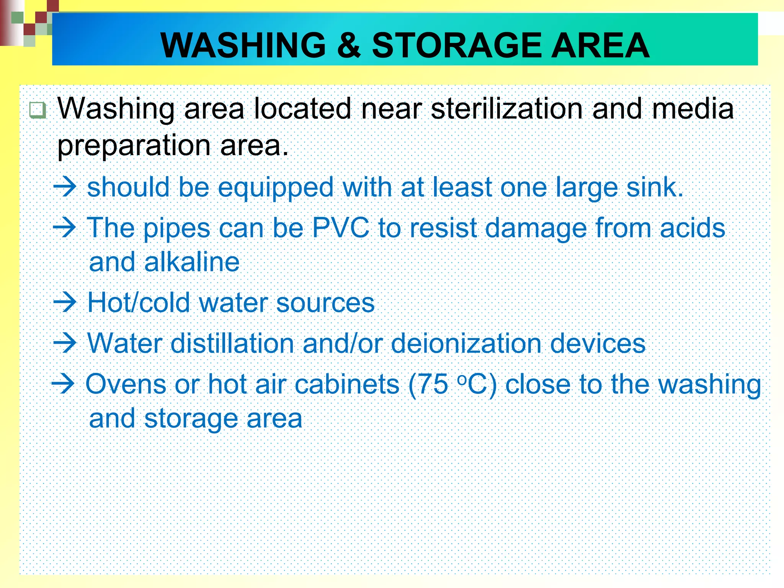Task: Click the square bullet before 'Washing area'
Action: pos(38,110)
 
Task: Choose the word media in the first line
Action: pos(693,109)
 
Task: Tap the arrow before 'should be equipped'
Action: pos(65,187)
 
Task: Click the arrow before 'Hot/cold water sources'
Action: pos(65,302)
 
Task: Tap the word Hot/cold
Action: pos(139,303)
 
